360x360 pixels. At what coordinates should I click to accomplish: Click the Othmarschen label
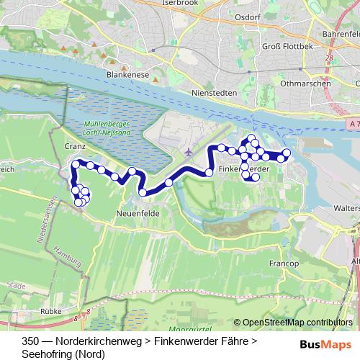point(306,83)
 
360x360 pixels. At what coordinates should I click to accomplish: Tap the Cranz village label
point(74,145)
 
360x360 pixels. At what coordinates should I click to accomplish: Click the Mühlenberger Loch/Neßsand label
point(106,127)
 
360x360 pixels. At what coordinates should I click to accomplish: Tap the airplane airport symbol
point(189,152)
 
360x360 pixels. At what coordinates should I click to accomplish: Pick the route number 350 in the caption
point(31,341)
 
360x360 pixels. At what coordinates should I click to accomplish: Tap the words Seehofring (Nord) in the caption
point(63,354)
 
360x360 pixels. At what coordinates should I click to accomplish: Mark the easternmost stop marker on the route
point(286,153)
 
